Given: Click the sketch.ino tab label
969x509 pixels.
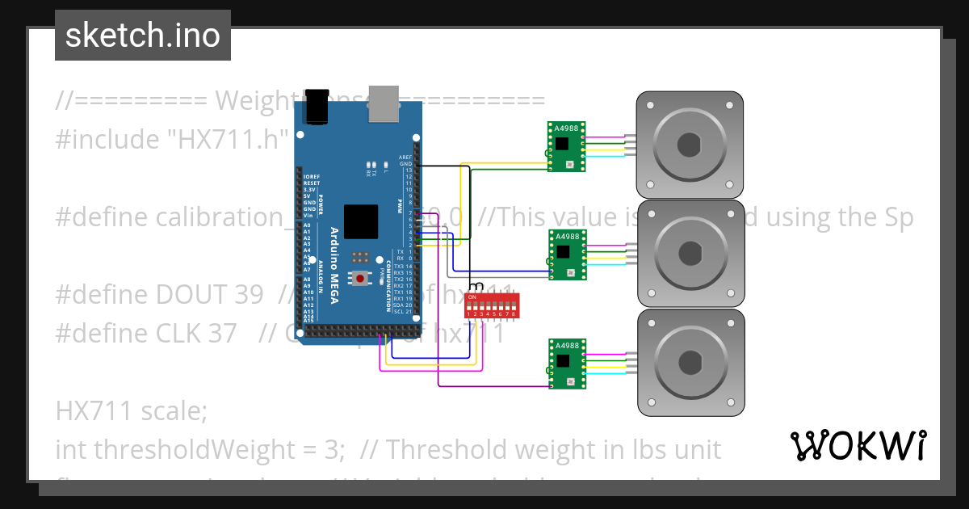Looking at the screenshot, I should pos(142,36).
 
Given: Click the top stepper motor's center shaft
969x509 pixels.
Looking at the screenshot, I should pos(689,145).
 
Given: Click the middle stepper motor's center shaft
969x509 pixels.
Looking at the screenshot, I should pos(689,254).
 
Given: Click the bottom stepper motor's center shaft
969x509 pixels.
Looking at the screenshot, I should pos(689,363).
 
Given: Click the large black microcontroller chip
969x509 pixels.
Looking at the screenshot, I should pos(361,221).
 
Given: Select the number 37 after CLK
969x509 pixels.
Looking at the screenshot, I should pos(220,332).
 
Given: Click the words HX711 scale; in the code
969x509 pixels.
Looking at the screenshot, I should pos(132,411).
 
